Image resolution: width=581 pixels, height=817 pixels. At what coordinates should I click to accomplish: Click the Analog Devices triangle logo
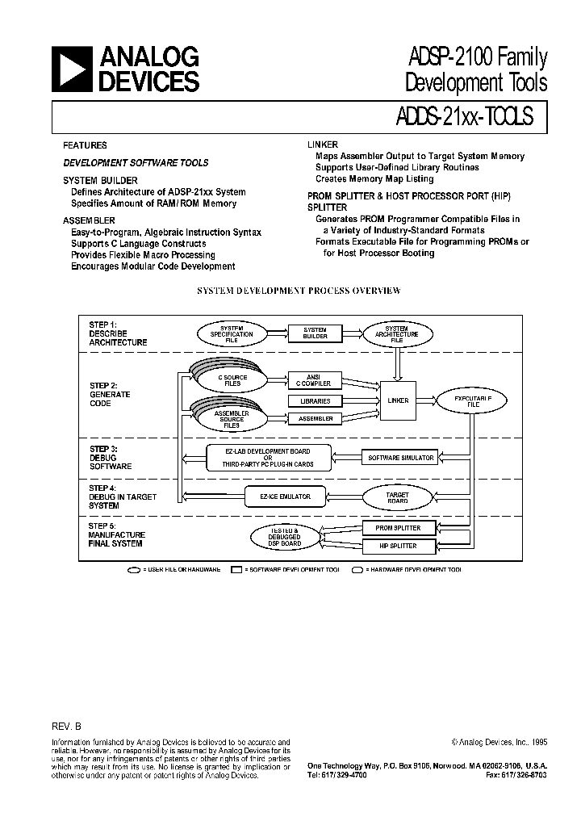pyautogui.click(x=72, y=69)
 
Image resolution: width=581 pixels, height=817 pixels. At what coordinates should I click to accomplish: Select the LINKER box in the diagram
pyautogui.click(x=398, y=400)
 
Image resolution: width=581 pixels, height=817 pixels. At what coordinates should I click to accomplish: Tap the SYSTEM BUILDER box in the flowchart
pyautogui.click(x=315, y=333)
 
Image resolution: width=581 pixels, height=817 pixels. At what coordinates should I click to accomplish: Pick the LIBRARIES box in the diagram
pyautogui.click(x=315, y=400)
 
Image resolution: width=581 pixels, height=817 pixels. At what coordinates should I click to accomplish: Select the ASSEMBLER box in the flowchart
pyautogui.click(x=315, y=419)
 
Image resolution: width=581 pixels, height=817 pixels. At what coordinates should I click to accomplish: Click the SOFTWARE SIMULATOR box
pyautogui.click(x=400, y=458)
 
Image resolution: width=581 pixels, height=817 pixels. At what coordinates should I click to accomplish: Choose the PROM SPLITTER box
pyautogui.click(x=399, y=528)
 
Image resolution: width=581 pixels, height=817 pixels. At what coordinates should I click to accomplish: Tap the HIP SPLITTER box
pyautogui.click(x=399, y=546)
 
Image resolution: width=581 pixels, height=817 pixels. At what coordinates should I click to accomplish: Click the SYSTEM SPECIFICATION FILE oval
pyautogui.click(x=232, y=333)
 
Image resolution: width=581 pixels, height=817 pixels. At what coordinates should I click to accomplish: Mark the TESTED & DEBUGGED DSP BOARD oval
pyautogui.click(x=285, y=537)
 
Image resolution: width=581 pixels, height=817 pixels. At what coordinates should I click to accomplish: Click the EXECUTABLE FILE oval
pyautogui.click(x=472, y=400)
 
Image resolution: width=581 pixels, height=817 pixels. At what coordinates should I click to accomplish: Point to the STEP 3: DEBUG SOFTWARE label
pyautogui.click(x=111, y=458)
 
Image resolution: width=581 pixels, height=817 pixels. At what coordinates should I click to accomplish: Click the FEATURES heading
pyautogui.click(x=85, y=146)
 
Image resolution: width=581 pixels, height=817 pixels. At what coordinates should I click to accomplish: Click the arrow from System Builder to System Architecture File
pyautogui.click(x=351, y=333)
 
